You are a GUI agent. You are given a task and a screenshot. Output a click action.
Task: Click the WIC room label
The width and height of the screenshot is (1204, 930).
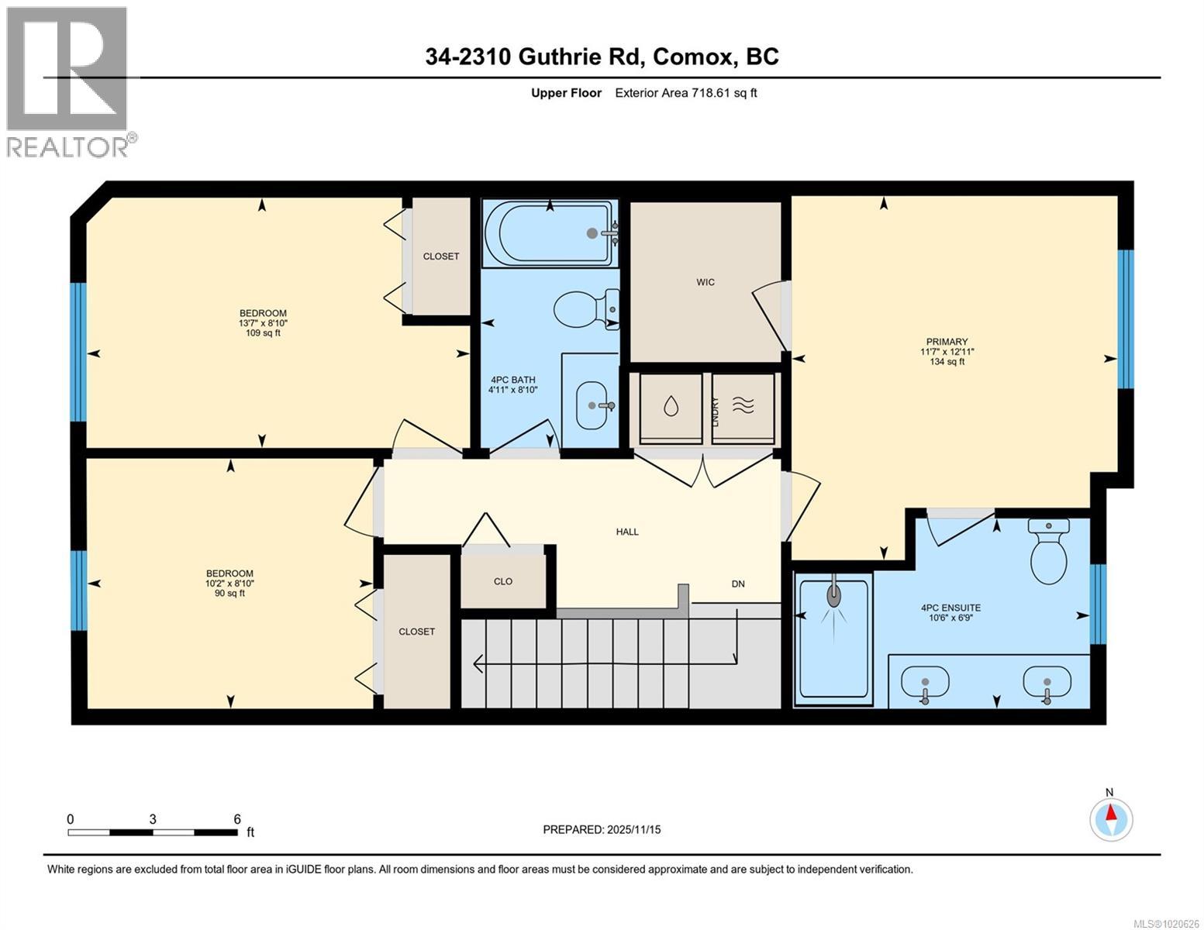(705, 282)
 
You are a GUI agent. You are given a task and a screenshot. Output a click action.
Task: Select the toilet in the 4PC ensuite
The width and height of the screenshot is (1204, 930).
(1048, 552)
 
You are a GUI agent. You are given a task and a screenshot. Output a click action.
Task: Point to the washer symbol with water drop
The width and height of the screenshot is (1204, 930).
(671, 407)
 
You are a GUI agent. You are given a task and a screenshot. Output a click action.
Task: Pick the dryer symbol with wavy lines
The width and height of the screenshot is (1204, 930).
(743, 407)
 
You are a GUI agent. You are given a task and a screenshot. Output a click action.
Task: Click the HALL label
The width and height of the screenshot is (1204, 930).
(627, 532)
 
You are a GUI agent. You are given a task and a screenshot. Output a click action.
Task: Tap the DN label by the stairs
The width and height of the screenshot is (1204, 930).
(738, 584)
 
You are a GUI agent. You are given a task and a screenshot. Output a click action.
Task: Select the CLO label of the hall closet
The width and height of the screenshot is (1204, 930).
(503, 581)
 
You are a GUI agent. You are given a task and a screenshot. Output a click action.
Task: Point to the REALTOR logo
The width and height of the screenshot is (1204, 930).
(68, 81)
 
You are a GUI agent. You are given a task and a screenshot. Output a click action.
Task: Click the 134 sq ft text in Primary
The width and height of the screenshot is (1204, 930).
(947, 361)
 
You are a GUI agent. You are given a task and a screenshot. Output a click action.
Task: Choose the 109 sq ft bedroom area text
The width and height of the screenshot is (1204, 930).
(262, 333)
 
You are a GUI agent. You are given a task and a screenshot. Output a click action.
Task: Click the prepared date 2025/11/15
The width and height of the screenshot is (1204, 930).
(633, 829)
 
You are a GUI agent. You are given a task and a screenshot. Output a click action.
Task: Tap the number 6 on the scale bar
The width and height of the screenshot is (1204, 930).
(237, 819)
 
